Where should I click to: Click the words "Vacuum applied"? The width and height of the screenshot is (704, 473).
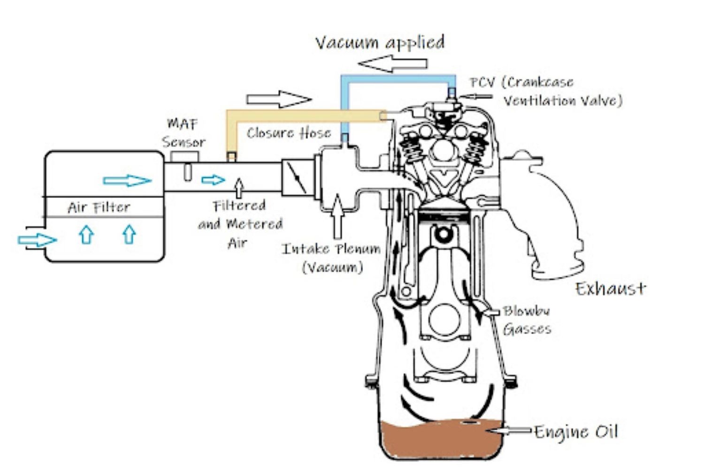[380, 43]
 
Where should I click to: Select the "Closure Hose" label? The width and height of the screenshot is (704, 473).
[289, 133]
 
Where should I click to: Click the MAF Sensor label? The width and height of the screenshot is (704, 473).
[183, 133]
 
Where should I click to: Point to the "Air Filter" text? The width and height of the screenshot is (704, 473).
[99, 207]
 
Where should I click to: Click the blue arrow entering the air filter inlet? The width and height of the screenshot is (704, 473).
[37, 240]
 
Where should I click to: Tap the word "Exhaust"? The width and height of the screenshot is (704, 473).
[611, 288]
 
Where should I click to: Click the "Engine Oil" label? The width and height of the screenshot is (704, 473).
[576, 432]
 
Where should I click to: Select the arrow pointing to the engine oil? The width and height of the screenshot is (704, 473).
[509, 430]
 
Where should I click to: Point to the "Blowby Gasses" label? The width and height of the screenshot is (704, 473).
[527, 320]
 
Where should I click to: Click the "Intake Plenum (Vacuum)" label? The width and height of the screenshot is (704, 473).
[331, 258]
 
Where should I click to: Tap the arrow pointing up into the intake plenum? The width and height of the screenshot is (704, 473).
[337, 216]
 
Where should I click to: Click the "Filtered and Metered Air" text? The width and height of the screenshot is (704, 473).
[240, 224]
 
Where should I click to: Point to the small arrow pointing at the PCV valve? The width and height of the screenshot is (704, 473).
[476, 97]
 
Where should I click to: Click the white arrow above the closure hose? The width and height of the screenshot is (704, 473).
[279, 99]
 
